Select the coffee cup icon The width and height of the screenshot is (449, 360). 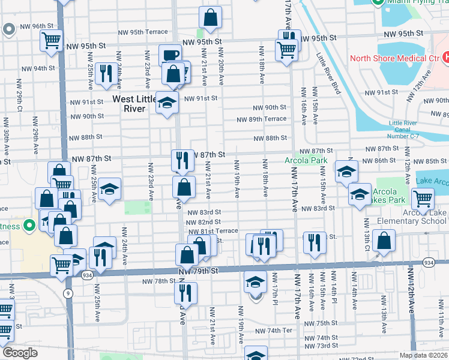click(x=170, y=55)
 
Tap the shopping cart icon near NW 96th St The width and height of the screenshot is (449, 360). click(x=51, y=41)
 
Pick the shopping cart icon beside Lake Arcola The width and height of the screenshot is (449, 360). click(x=423, y=197)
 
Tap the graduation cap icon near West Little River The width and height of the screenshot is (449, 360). click(x=167, y=102)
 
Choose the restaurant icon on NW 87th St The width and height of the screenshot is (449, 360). click(x=183, y=160)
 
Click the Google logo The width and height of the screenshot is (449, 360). click(x=20, y=353)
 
